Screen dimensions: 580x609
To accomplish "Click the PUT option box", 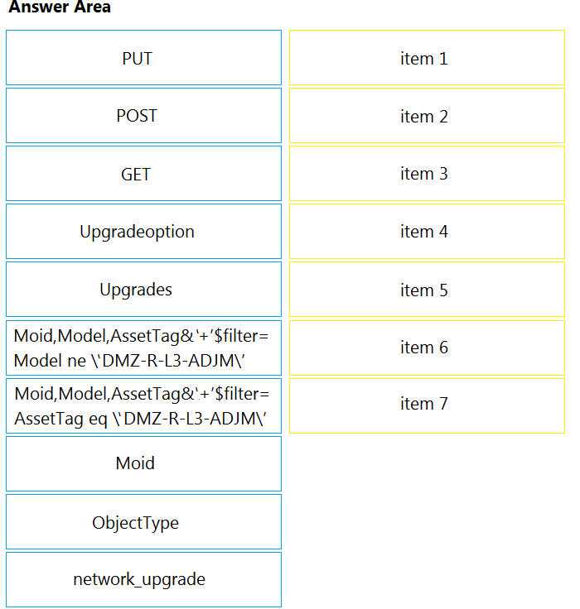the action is [x=143, y=57].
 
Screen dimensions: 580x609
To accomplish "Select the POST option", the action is [x=143, y=115].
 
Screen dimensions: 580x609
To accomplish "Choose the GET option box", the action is [x=143, y=173].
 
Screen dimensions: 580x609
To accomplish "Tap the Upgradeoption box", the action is [x=143, y=231].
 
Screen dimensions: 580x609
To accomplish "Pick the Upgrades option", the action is [x=143, y=290].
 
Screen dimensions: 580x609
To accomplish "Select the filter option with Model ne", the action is [x=143, y=348].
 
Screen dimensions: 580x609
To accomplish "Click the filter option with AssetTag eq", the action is [x=143, y=406].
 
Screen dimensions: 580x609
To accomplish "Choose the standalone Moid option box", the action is [x=143, y=463].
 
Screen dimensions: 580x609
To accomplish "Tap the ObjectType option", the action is [x=143, y=521].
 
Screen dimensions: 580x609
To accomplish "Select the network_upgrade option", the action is [x=143, y=579].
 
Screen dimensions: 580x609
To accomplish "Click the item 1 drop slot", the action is [x=427, y=57].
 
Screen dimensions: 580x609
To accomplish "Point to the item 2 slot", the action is [x=427, y=115].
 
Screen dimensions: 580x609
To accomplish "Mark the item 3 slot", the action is [x=427, y=173].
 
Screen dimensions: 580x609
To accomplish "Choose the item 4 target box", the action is [x=427, y=231].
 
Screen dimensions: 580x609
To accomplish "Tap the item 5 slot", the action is [x=427, y=290].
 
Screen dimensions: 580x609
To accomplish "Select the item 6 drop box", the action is [x=427, y=348].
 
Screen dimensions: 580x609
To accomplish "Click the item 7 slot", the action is [x=427, y=406].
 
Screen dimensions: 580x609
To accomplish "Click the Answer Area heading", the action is [x=60, y=7].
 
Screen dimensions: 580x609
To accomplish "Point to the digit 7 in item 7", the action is [x=444, y=404].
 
